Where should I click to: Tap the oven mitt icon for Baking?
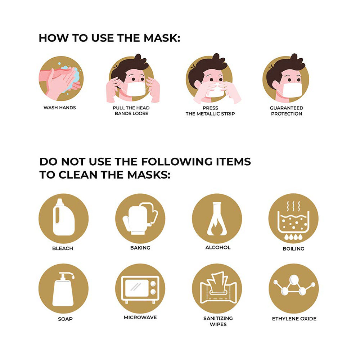click(140, 218)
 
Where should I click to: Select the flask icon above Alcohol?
click(217, 218)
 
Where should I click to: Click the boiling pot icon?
click(293, 219)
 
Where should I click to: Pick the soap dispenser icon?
click(63, 288)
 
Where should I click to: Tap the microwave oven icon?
click(140, 288)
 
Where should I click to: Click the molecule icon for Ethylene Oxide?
click(293, 288)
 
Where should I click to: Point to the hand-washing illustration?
click(60, 80)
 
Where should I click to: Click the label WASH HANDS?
click(60, 108)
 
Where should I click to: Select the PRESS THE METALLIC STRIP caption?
click(211, 111)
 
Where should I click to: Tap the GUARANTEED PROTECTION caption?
click(287, 111)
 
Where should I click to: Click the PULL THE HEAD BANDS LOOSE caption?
click(131, 111)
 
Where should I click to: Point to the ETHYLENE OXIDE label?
click(294, 319)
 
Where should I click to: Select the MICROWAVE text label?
click(140, 318)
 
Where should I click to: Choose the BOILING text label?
click(293, 249)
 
